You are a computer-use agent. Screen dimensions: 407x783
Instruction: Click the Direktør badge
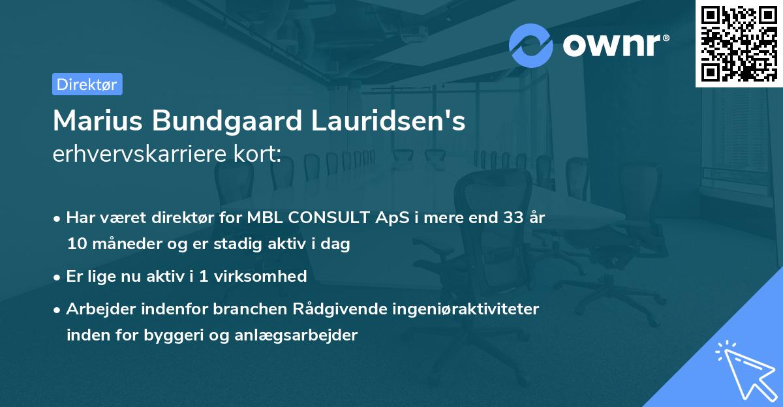87,84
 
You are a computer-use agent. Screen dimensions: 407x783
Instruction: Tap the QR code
739,43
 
